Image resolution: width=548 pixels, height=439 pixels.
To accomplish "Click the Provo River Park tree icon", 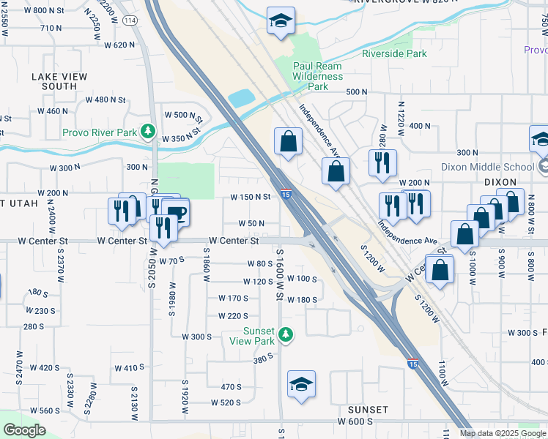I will [149, 132].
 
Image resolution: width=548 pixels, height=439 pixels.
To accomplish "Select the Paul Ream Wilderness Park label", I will [317, 76].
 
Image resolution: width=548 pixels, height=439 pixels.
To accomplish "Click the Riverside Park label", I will [394, 53].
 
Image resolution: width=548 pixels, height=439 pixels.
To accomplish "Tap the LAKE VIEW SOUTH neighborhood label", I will [59, 81].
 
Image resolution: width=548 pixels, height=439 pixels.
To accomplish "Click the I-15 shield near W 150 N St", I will [286, 195].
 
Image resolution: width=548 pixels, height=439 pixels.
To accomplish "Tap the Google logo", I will [24, 430].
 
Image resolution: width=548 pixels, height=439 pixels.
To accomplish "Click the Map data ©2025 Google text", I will [503, 433].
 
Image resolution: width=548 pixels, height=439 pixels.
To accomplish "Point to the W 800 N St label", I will [50, 10].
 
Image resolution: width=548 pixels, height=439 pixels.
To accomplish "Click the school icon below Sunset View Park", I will [302, 384].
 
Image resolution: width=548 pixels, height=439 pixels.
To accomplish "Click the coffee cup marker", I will [176, 212].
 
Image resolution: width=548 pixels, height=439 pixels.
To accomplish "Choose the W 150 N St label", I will [251, 196].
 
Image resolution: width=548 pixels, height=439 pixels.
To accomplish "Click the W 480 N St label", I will [107, 100].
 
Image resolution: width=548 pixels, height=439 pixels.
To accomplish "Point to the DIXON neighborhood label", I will [500, 181].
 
